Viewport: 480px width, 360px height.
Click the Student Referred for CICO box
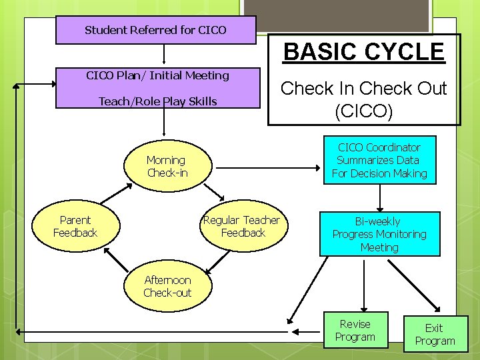point(155,30)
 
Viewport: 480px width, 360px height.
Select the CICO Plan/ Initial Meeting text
point(157,75)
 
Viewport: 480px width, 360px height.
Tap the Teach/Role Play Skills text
point(157,101)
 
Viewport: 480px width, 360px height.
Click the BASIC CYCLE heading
point(364,51)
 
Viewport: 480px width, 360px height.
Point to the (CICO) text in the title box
point(364,111)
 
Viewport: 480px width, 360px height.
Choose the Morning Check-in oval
point(167,167)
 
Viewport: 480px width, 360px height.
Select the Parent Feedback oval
point(75,227)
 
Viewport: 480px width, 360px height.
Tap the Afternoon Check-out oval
point(167,287)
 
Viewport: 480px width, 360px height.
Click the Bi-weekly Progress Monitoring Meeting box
point(379,234)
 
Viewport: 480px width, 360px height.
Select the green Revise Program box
point(355,331)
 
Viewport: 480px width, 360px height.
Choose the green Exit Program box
point(435,334)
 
